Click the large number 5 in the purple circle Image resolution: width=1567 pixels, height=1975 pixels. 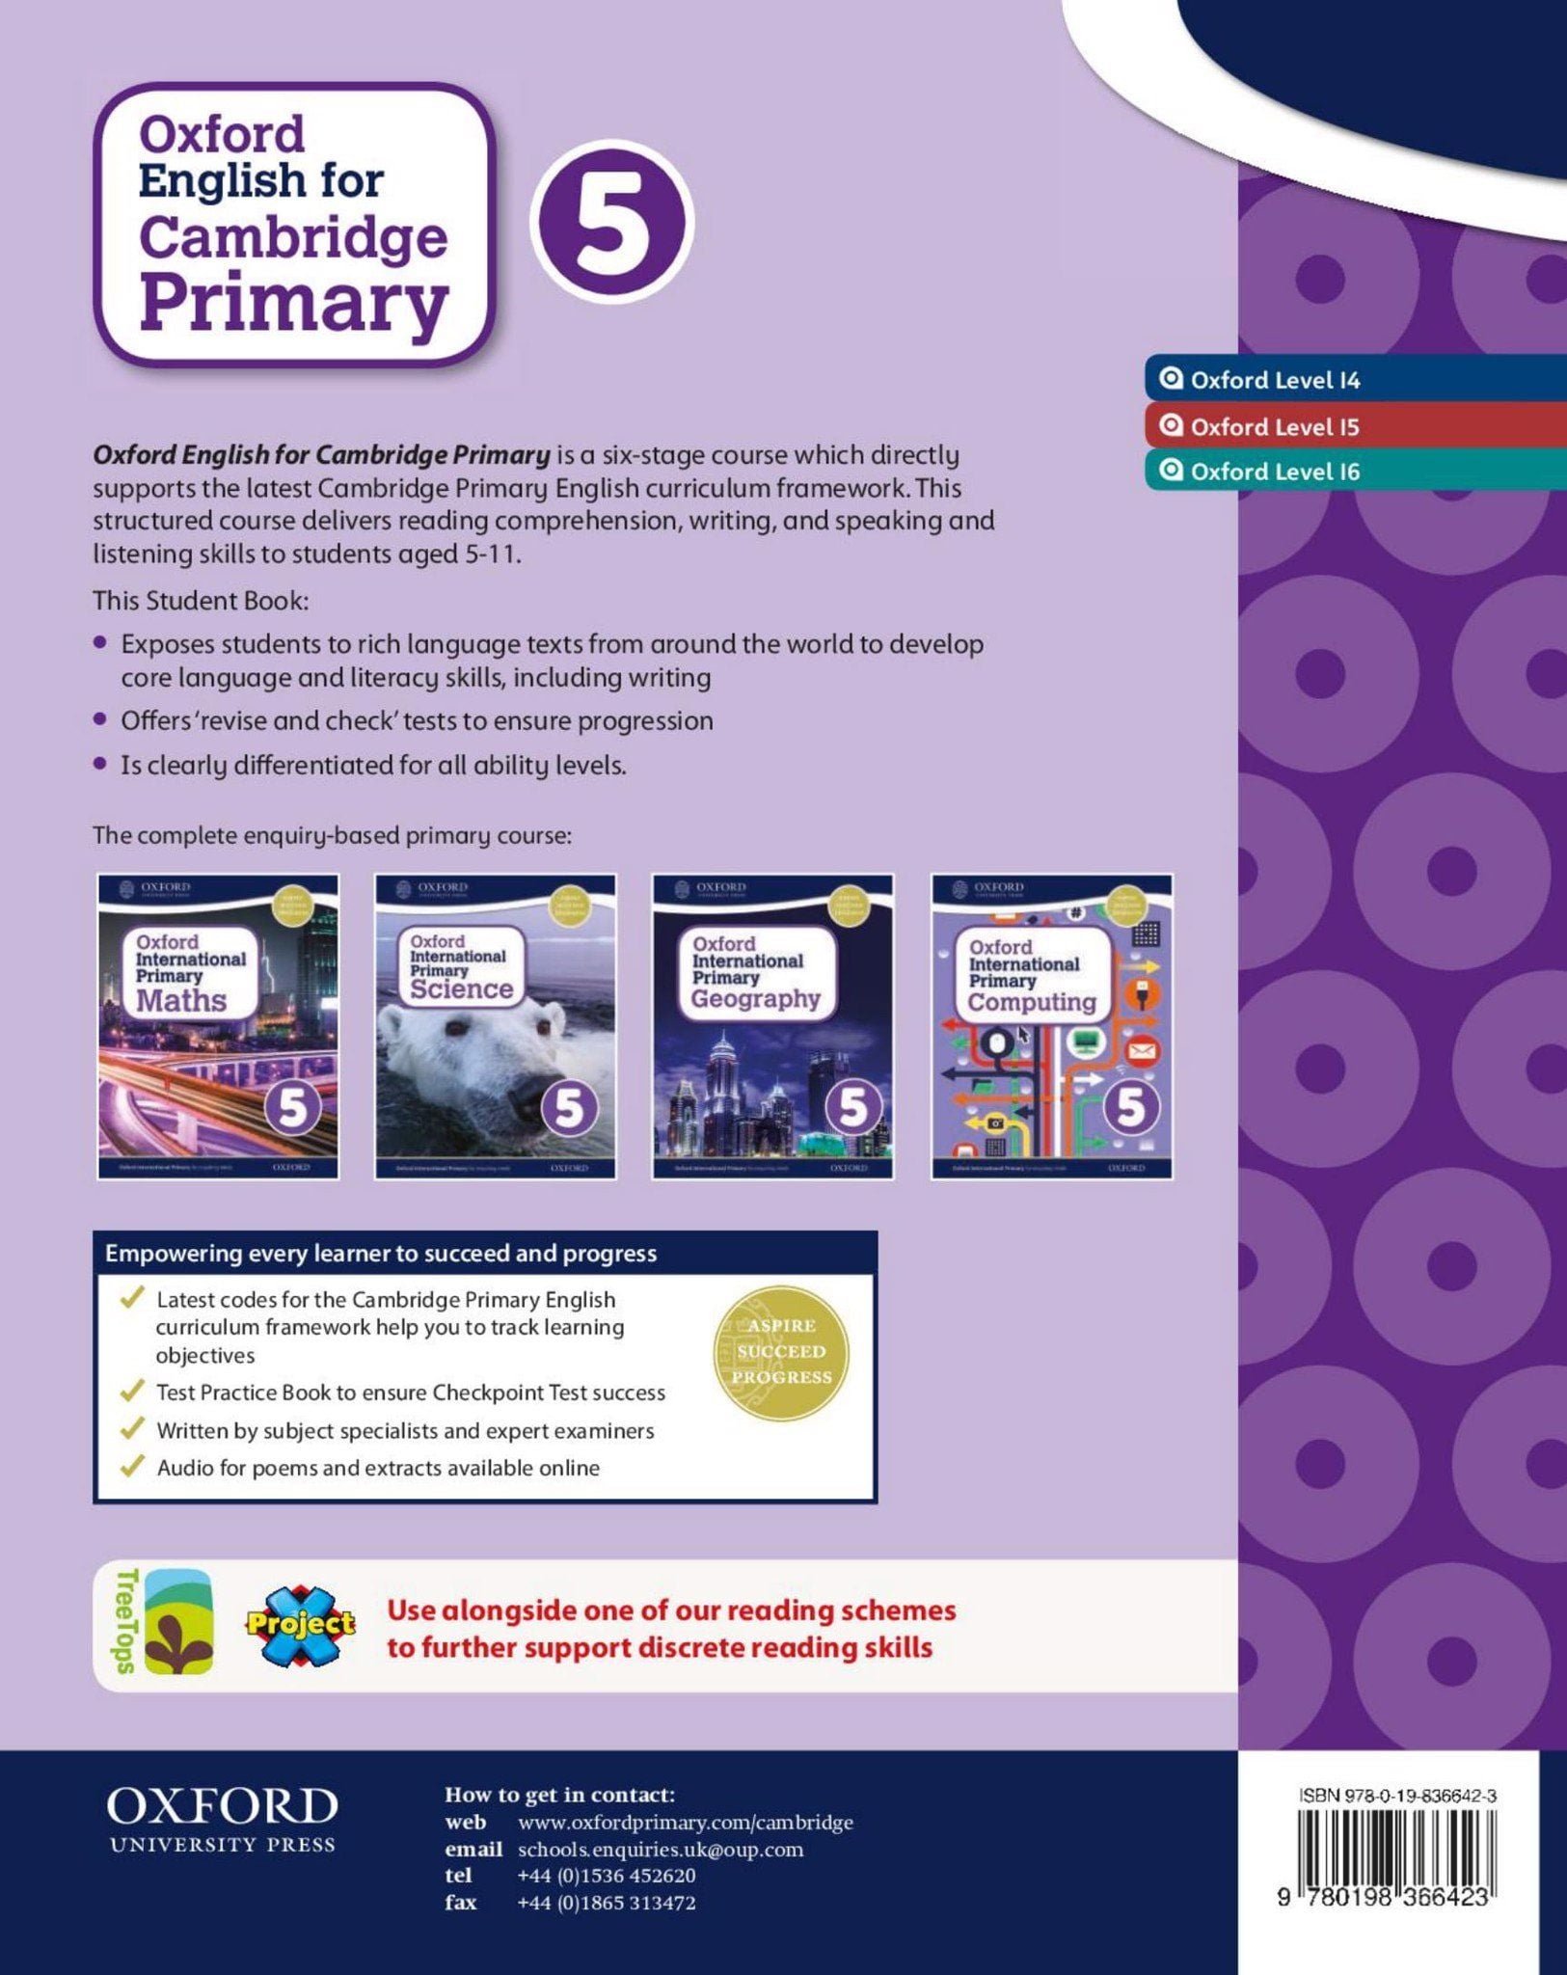[x=611, y=222]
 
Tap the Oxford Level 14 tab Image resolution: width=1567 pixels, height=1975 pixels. [x=1273, y=380]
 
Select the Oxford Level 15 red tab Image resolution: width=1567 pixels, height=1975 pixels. [x=1273, y=426]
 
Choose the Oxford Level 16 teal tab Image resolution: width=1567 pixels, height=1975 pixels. [x=1273, y=472]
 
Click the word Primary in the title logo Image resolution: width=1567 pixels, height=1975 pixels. [x=294, y=304]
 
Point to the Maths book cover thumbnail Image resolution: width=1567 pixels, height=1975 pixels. [x=218, y=1026]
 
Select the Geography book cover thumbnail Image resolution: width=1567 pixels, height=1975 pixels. [x=772, y=1026]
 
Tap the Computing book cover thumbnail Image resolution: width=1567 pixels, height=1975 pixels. [x=1051, y=1026]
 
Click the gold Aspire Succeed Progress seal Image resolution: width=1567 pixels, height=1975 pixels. [x=781, y=1351]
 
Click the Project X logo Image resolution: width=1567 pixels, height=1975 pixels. [x=300, y=1626]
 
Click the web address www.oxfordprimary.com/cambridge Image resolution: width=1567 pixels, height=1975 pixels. [x=685, y=1822]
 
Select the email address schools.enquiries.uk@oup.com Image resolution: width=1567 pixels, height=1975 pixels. [x=660, y=1849]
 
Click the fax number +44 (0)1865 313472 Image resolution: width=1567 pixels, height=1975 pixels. [x=606, y=1903]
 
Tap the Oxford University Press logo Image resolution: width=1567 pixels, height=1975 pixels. [x=222, y=1818]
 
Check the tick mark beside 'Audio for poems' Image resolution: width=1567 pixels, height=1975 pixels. [x=131, y=1467]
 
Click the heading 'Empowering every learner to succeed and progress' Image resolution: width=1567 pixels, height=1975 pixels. [x=380, y=1253]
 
